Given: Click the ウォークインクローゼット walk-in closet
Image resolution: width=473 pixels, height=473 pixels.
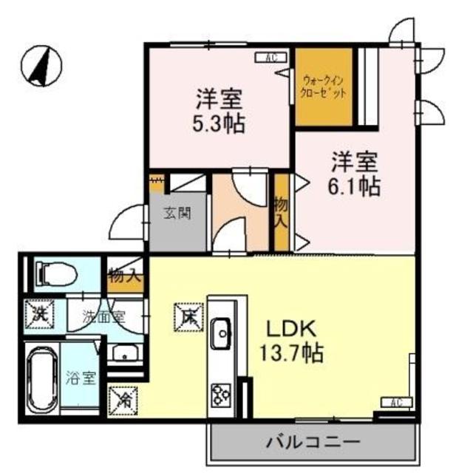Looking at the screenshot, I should coord(324,87).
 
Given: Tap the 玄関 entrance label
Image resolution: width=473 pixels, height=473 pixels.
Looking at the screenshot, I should coord(177,214).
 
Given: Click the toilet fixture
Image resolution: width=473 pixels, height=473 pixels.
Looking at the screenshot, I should coord(55,274).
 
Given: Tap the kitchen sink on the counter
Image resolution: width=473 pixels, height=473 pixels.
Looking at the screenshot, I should coord(221,334).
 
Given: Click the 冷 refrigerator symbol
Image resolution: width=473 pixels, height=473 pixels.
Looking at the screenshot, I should coord(123,400).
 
